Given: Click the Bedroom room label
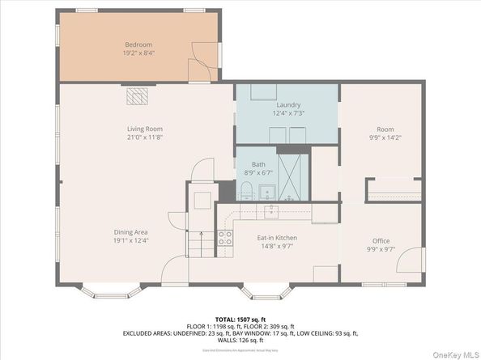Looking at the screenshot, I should click(138, 44).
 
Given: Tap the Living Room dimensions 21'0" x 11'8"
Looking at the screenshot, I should click(145, 137).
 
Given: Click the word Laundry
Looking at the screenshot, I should click(288, 105).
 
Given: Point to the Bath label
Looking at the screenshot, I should click(258, 163).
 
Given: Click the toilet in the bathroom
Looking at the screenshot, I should click(245, 191).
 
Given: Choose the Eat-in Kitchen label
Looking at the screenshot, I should click(277, 238).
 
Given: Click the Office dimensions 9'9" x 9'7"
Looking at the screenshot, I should click(381, 249).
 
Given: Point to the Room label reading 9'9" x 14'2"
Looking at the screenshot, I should click(385, 133).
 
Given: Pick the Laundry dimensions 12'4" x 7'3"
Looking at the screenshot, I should click(288, 113).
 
